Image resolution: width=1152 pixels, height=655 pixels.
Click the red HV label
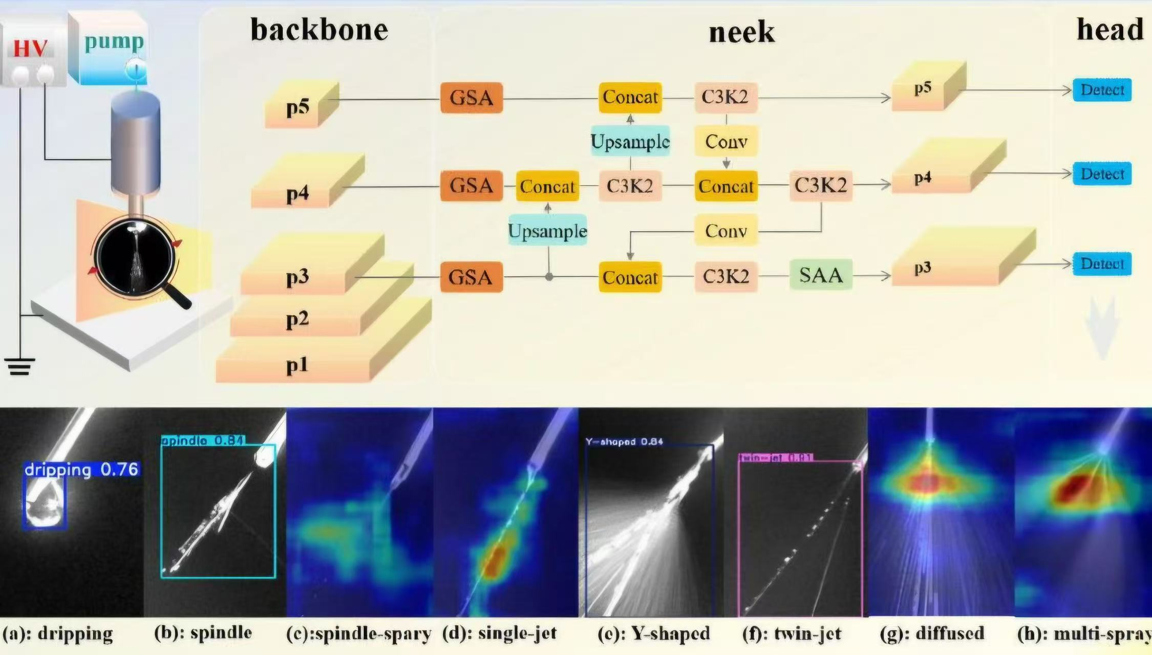[x=30, y=48]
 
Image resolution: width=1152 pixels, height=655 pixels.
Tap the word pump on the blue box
[x=114, y=42]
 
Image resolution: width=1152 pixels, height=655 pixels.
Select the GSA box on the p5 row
[x=471, y=97]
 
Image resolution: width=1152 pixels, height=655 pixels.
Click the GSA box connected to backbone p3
[x=471, y=277]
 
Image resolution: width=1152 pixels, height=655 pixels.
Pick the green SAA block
[x=821, y=275]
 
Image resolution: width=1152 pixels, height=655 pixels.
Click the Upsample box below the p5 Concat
[x=630, y=141]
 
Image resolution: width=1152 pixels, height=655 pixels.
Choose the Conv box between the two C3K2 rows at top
[x=726, y=141]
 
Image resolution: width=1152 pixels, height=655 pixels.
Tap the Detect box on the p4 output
[x=1102, y=174]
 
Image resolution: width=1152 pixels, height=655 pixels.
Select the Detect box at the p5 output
[x=1102, y=90]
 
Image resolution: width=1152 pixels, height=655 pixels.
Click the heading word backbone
[x=319, y=30]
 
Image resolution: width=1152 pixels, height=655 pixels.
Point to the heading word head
[x=1110, y=30]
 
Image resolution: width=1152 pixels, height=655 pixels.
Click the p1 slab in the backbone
[x=297, y=365]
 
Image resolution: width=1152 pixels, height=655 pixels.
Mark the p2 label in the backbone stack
[x=297, y=320]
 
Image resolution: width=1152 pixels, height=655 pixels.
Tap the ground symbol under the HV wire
[x=19, y=366]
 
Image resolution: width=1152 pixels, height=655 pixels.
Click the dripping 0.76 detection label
[x=81, y=469]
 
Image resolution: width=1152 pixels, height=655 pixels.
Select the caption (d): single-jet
[x=499, y=634]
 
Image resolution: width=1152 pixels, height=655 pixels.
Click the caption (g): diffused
[x=932, y=634]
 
